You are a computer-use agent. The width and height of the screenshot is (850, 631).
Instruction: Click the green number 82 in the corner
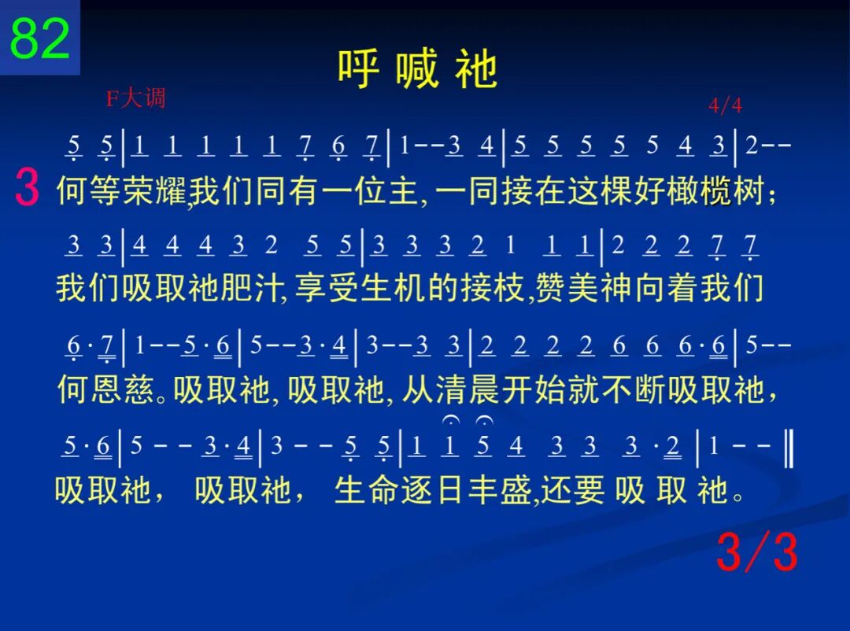(x=40, y=38)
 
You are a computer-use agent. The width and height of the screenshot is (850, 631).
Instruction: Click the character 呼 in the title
(x=358, y=69)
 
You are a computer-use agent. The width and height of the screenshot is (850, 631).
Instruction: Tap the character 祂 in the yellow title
(x=476, y=69)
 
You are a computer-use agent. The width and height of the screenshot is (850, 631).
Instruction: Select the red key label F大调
(x=135, y=98)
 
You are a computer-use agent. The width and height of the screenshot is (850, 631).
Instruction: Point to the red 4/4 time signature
(x=726, y=105)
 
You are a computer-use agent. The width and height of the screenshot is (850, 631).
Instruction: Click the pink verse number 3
(x=27, y=187)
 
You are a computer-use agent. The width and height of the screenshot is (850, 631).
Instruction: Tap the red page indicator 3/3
(x=757, y=552)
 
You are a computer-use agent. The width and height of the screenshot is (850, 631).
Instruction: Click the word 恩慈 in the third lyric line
(x=123, y=389)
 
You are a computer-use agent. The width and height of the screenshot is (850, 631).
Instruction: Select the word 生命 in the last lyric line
(x=368, y=491)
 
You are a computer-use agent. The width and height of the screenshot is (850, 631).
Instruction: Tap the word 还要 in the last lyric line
(x=572, y=491)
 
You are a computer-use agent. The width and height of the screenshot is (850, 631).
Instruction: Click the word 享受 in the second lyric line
(x=327, y=288)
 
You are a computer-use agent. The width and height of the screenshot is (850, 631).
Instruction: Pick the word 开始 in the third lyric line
(x=534, y=389)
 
